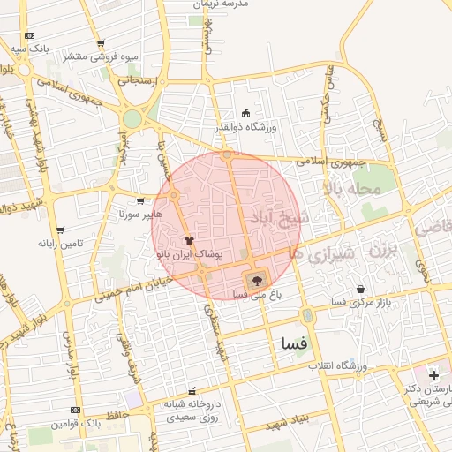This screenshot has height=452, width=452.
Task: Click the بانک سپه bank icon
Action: click(29, 36)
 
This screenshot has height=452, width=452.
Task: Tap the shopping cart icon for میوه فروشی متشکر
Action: click(101, 43)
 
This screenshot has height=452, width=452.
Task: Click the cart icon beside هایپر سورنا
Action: click(140, 200)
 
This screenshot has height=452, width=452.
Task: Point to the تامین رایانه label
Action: click(60, 243)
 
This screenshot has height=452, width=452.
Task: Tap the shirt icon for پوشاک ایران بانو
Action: click(188, 239)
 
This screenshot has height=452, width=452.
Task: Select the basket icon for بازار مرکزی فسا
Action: click(360, 290)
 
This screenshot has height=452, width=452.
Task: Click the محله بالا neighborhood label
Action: click(351, 188)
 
